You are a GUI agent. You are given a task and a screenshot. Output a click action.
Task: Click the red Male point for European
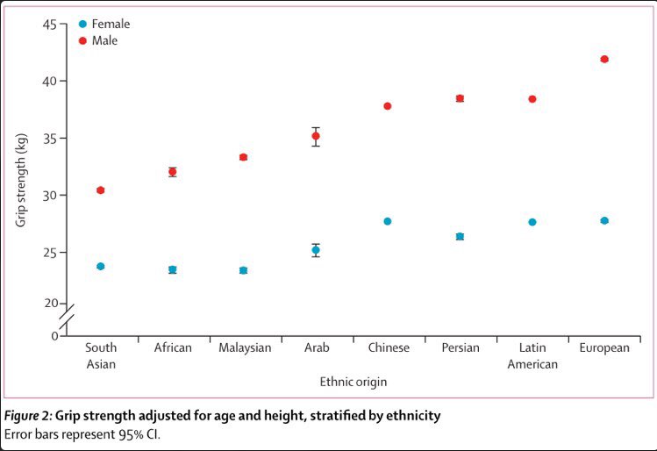pyautogui.click(x=604, y=59)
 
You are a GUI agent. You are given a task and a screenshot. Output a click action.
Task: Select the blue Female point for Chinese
pyautogui.click(x=388, y=221)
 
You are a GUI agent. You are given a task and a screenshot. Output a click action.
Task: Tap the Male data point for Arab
pyautogui.click(x=316, y=136)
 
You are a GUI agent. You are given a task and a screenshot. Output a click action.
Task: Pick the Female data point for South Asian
pyautogui.click(x=101, y=267)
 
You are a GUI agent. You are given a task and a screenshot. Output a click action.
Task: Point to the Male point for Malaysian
pyautogui.click(x=244, y=157)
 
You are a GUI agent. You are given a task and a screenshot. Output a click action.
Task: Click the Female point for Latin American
pyautogui.click(x=532, y=222)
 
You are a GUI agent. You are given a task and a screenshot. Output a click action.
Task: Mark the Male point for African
pyautogui.click(x=173, y=172)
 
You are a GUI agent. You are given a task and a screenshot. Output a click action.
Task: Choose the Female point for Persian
pyautogui.click(x=460, y=236)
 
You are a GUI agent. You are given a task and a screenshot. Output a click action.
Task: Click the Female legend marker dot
pyautogui.click(x=82, y=24)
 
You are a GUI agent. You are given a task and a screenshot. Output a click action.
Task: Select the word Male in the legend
pyautogui.click(x=104, y=40)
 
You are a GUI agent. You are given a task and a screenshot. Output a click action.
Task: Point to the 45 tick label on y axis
pyautogui.click(x=49, y=25)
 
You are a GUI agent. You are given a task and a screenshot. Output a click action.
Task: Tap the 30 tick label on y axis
pyautogui.click(x=49, y=196)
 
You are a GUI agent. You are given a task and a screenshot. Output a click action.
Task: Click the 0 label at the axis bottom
pyautogui.click(x=55, y=336)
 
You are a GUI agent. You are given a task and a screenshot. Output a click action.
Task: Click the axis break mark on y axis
pyautogui.click(x=67, y=317)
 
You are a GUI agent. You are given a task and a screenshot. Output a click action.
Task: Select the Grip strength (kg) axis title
pyautogui.click(x=21, y=180)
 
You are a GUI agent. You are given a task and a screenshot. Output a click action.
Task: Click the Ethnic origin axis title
pyautogui.click(x=353, y=382)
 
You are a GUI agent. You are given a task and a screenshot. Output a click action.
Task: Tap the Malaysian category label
pyautogui.click(x=245, y=347)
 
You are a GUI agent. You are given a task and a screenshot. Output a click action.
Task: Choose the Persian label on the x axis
pyautogui.click(x=461, y=347)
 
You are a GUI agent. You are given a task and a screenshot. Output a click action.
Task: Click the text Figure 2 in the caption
pyautogui.click(x=27, y=416)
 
